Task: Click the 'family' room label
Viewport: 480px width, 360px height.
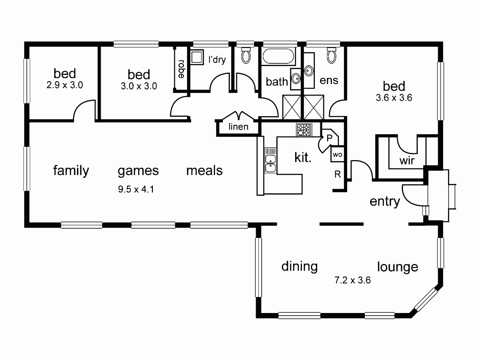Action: point(71,171)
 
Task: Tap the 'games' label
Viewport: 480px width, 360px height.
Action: point(138,171)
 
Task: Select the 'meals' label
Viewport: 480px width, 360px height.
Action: point(204,171)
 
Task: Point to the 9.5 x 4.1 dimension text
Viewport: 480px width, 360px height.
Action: point(136,189)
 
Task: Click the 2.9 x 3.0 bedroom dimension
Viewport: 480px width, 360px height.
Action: point(65,85)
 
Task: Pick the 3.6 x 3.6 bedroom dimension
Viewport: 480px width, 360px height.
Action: point(394,98)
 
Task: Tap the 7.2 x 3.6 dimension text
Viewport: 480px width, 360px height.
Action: point(352,280)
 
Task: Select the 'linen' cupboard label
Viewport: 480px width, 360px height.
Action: point(239,127)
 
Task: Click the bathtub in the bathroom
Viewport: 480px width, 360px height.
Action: point(279,56)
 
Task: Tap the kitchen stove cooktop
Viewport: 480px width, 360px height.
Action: point(304,130)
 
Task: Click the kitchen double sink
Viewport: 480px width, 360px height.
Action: point(270,163)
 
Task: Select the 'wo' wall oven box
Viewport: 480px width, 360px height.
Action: point(337,155)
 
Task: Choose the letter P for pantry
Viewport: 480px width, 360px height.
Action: point(329,138)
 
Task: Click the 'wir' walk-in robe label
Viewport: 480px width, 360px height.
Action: point(407,161)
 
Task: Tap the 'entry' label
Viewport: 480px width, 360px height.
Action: point(385,201)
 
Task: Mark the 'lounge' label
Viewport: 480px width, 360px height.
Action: point(397,267)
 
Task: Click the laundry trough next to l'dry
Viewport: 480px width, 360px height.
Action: point(197,57)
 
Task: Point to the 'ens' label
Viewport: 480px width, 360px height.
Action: point(329,80)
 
